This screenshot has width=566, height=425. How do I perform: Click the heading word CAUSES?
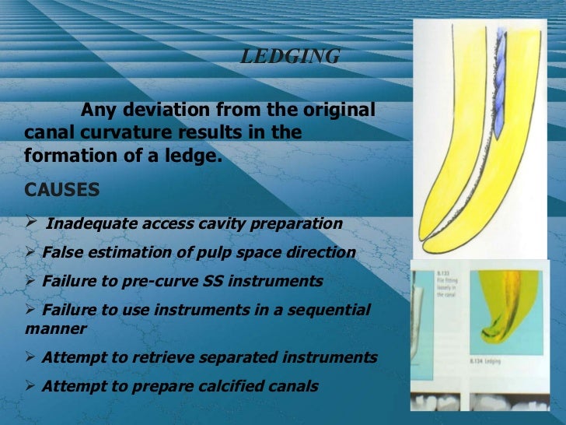click(x=62, y=190)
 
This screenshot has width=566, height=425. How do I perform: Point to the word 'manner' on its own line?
click(x=56, y=328)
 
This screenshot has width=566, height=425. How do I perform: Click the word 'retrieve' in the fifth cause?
click(x=155, y=357)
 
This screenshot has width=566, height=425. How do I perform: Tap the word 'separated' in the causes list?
click(x=227, y=357)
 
